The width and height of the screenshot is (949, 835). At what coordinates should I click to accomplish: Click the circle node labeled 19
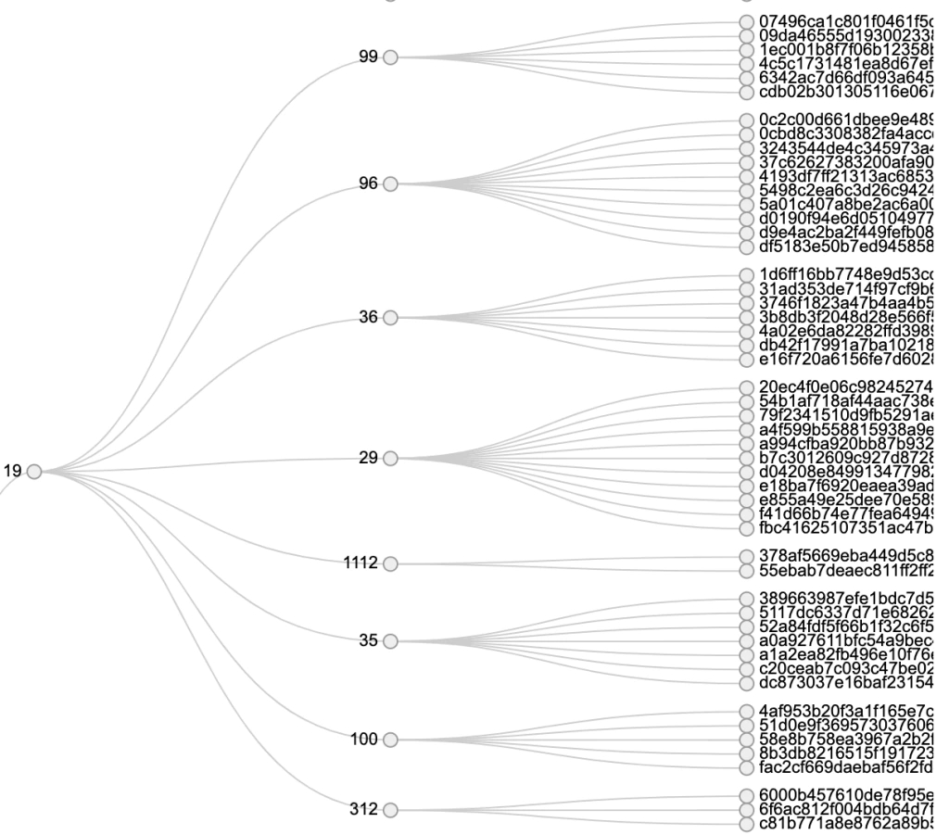[34, 472]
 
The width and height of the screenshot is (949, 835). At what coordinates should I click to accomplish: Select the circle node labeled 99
[390, 57]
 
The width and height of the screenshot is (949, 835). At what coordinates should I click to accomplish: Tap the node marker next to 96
[390, 183]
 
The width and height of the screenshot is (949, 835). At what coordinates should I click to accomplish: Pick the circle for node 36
[390, 318]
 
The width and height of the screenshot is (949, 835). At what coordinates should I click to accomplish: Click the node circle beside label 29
[390, 458]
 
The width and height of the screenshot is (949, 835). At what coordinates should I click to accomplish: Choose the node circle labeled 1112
[390, 563]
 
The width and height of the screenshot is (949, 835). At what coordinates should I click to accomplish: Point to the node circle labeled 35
[390, 640]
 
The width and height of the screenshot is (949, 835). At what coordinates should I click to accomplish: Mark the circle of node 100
[390, 740]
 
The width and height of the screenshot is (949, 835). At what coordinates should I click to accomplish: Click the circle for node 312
[390, 810]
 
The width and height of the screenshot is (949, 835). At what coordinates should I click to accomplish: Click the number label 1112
[360, 563]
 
